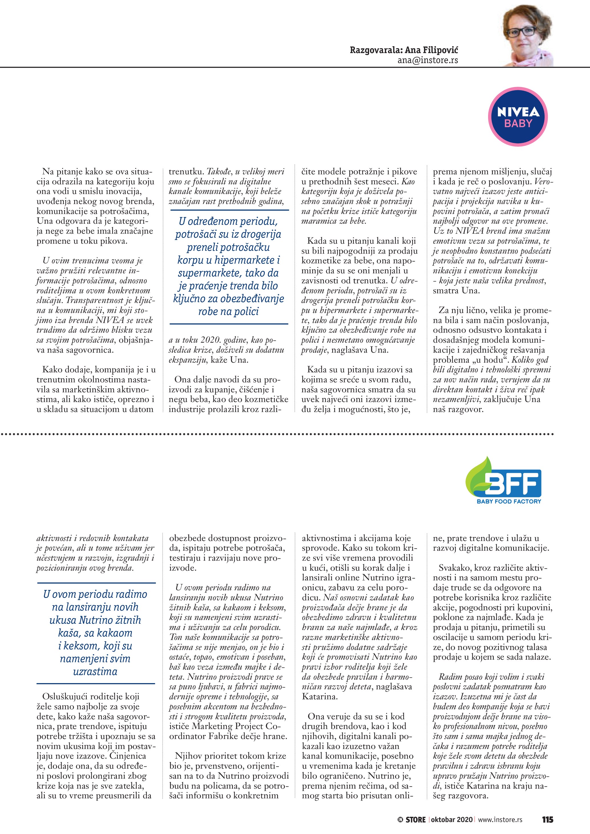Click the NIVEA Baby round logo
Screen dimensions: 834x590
(x=518, y=117)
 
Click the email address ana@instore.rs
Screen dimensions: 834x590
(x=428, y=60)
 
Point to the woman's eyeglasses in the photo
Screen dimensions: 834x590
(x=521, y=32)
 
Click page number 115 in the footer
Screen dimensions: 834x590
(x=547, y=819)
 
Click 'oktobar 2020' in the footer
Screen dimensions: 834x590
(x=452, y=819)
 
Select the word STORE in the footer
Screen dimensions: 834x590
(x=416, y=819)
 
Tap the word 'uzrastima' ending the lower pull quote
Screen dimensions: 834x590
(x=95, y=671)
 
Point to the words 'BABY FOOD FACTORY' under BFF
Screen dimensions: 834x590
(x=509, y=501)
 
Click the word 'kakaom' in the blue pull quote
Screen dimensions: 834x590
(x=113, y=633)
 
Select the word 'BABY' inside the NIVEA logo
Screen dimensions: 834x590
(x=518, y=124)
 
